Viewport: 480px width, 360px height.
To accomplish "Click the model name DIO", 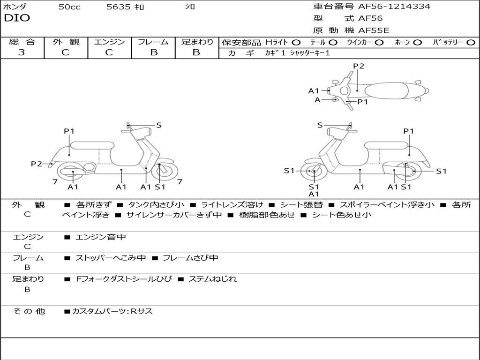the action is [x=17, y=18].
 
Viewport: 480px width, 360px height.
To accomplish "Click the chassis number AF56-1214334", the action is [x=394, y=7].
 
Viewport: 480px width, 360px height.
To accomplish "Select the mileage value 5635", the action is [x=118, y=7].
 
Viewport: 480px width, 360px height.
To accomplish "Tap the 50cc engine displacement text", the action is [x=69, y=7].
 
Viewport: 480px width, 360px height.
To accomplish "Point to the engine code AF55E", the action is [x=374, y=30].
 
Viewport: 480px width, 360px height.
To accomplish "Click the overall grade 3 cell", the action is [x=22, y=52].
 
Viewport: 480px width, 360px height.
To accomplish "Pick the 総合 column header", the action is [x=22, y=42].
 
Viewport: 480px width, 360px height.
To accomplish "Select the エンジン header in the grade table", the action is [x=109, y=42].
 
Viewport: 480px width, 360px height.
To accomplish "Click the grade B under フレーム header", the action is [x=153, y=52].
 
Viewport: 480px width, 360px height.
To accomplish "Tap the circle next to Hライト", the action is [x=296, y=43].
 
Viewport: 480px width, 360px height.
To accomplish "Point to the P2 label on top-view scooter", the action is [x=359, y=66].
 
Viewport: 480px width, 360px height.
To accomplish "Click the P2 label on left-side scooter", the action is [x=36, y=164].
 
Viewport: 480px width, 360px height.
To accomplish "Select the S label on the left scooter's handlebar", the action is [x=159, y=125].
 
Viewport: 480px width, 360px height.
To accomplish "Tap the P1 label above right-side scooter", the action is [x=409, y=131].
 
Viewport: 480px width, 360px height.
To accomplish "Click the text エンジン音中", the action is [x=100, y=237].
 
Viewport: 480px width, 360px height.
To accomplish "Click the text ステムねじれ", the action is [x=212, y=279].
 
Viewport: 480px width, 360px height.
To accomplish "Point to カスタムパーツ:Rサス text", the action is [x=112, y=311].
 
